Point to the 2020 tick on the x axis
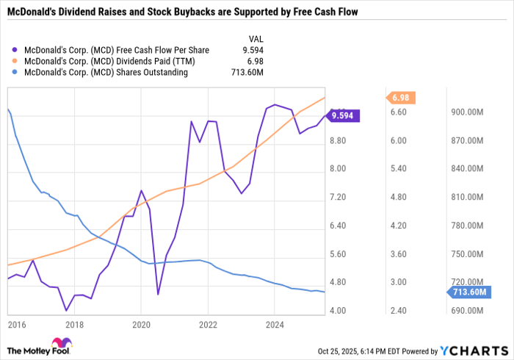pyautogui.click(x=141, y=323)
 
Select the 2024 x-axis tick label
pyautogui.click(x=275, y=323)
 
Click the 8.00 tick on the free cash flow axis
pyautogui.click(x=338, y=169)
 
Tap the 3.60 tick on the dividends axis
pyautogui.click(x=399, y=254)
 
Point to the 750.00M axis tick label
pyautogui.click(x=467, y=254)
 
